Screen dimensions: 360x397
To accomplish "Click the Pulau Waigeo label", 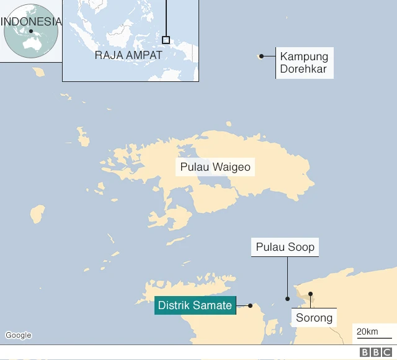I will [215, 167].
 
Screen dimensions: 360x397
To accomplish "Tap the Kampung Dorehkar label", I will [304, 63].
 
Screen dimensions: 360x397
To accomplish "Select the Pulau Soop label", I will [285, 248].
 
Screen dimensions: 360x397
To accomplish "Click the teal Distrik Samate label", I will [195, 305].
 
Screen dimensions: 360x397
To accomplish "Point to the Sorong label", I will [314, 318].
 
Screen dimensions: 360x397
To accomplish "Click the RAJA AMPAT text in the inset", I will [128, 55].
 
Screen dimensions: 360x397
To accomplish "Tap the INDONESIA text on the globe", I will [31, 22].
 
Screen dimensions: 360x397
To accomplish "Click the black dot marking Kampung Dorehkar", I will [262, 56].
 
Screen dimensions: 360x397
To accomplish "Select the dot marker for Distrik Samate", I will [250, 305].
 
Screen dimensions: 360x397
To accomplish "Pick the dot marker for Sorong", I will [310, 294].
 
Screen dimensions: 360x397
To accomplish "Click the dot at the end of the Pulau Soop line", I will [287, 299].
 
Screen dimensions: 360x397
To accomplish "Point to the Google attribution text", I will [18, 335].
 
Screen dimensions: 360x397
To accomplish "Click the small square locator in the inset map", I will [166, 40].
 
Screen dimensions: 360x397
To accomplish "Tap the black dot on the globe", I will [30, 31].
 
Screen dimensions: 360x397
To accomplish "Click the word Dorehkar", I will [304, 69].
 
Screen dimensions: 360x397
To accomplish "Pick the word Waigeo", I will [231, 167].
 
